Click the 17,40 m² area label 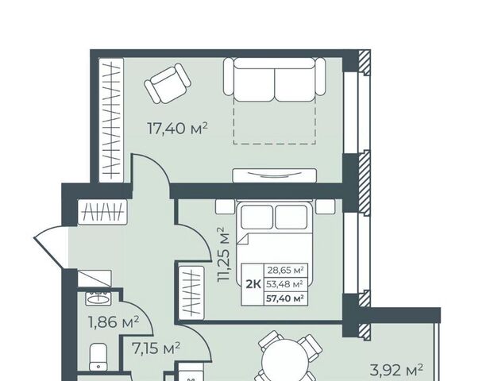point(177,129)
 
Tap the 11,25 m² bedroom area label point(225,255)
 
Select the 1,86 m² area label point(114,322)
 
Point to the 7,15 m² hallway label point(156,348)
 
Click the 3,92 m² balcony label point(396,370)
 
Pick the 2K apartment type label point(253,284)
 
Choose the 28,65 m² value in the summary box point(285,270)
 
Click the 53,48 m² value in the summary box point(284,284)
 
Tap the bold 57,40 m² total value point(285,298)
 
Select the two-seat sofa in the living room point(274,79)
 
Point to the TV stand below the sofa point(274,175)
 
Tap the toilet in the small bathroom point(98,357)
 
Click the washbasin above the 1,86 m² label point(98,298)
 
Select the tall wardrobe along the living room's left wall point(111,120)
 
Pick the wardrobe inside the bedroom point(191,293)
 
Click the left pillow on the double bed point(257,217)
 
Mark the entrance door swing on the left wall point(50,246)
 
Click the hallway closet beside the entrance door point(102,212)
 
